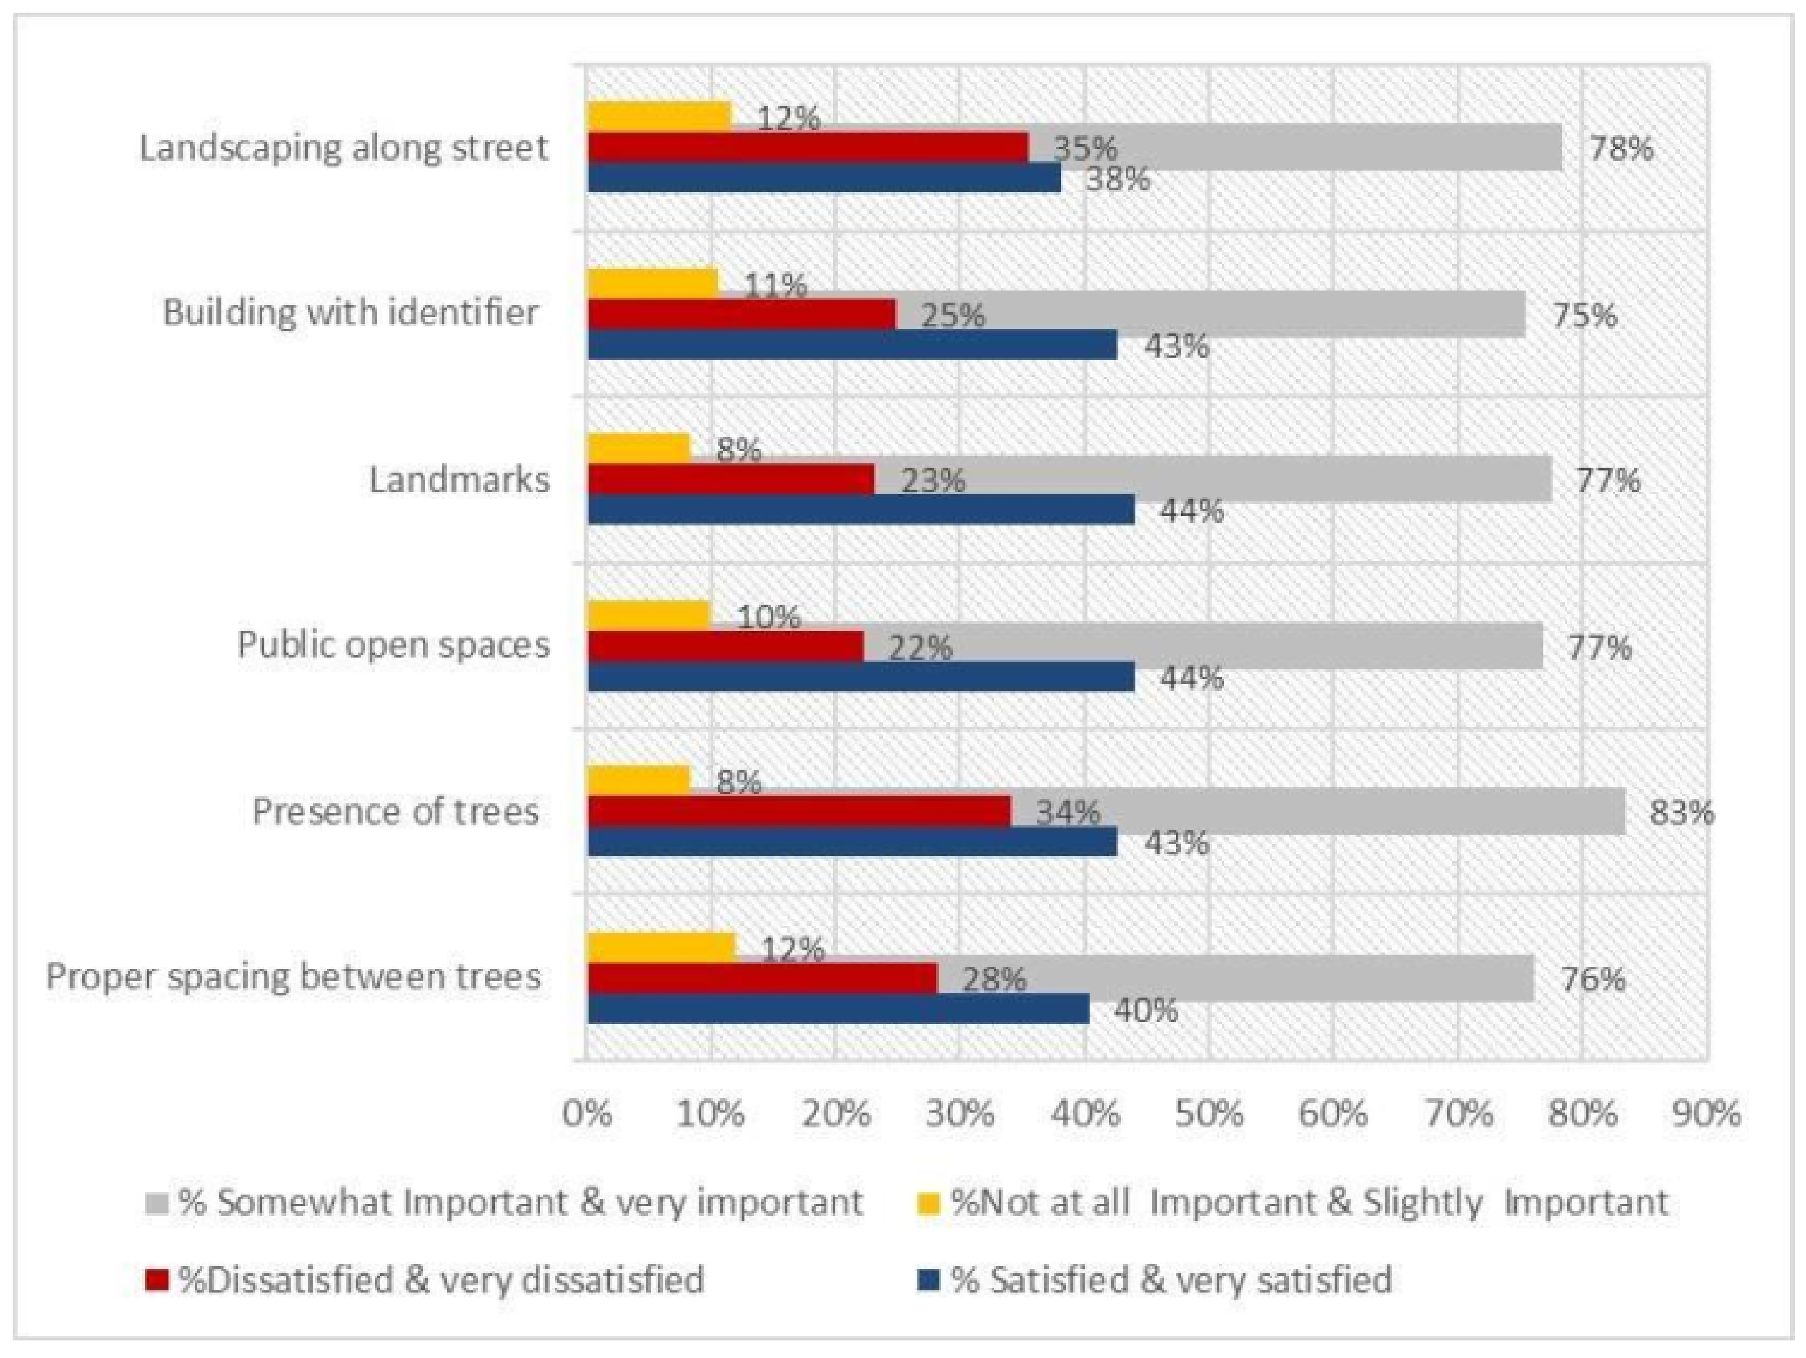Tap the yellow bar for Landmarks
[x=639, y=448]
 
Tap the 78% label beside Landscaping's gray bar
[x=1620, y=149]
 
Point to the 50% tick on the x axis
[x=1209, y=1114]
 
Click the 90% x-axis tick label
[x=1706, y=1114]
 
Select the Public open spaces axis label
[x=394, y=645]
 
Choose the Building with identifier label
[x=351, y=313]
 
